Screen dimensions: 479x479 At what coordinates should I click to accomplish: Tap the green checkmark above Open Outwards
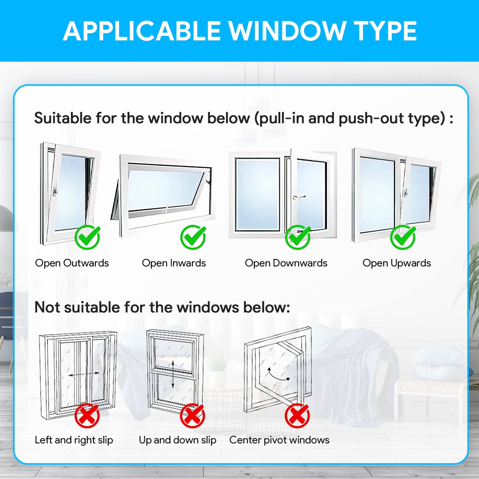pyautogui.click(x=88, y=237)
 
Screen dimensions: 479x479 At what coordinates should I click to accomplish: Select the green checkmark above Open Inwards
pyautogui.click(x=193, y=237)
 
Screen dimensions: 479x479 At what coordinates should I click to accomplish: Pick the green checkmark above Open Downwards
pyautogui.click(x=298, y=237)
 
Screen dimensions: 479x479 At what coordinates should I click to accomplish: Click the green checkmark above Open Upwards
pyautogui.click(x=403, y=237)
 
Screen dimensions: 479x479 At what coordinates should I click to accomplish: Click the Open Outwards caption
pyautogui.click(x=72, y=263)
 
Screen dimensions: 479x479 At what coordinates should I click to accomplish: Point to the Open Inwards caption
pyautogui.click(x=174, y=263)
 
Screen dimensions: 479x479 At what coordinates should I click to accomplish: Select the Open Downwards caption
pyautogui.click(x=286, y=263)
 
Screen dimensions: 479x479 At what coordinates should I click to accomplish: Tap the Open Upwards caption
pyautogui.click(x=397, y=263)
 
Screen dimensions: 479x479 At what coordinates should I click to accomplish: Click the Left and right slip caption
pyautogui.click(x=74, y=447)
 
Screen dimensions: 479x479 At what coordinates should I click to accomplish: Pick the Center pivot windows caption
pyautogui.click(x=280, y=447)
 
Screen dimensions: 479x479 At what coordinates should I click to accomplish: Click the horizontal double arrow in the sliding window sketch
pyautogui.click(x=84, y=375)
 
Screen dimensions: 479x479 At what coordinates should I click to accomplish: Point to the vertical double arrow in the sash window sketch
pyautogui.click(x=173, y=374)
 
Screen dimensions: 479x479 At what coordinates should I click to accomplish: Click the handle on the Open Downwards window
pyautogui.click(x=299, y=197)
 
